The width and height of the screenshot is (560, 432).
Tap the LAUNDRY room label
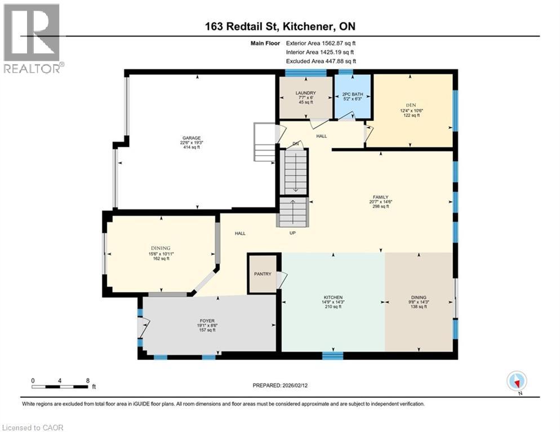click(305, 93)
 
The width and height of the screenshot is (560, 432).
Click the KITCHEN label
click(333, 298)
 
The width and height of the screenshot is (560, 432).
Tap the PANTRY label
click(262, 274)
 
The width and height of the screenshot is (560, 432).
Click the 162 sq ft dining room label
click(160, 248)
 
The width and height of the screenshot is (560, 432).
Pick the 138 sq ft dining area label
click(418, 298)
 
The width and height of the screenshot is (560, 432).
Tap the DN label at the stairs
click(295, 143)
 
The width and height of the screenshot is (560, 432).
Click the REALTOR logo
click(32, 38)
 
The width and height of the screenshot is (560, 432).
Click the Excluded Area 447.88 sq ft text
click(321, 61)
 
